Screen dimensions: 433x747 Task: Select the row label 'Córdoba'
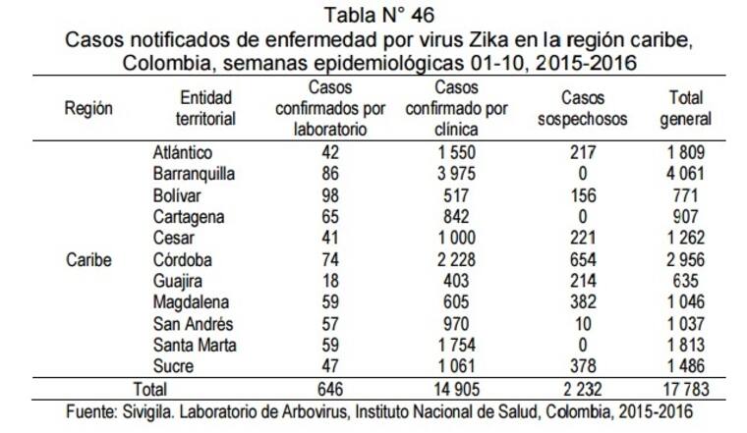182,261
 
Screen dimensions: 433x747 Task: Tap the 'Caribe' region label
88,261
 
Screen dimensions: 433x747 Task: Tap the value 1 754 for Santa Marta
455,347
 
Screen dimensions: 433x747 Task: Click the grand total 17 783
687,390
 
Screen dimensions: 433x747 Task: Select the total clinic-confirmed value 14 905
454,390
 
